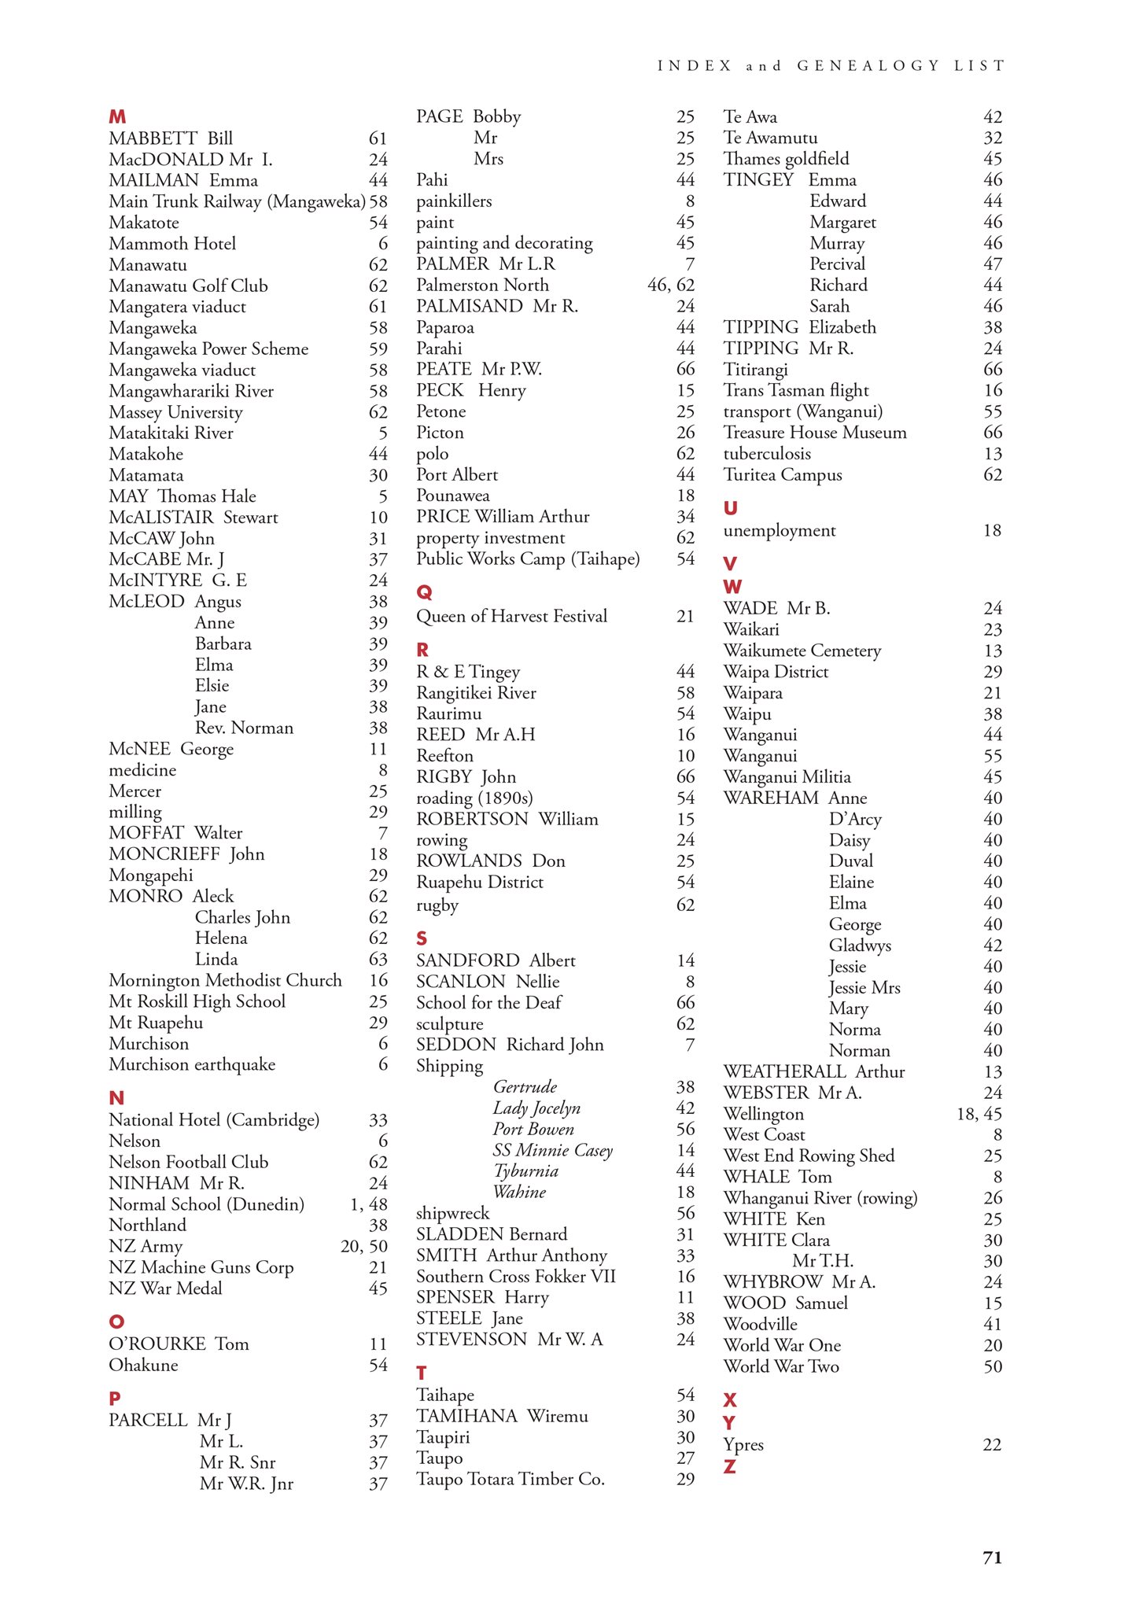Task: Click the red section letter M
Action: click(x=117, y=117)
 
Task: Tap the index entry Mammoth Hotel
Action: click(x=172, y=244)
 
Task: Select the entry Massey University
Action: click(x=175, y=412)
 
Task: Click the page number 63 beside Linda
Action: click(x=378, y=959)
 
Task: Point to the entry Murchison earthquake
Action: click(x=192, y=1064)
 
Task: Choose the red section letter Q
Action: click(x=424, y=592)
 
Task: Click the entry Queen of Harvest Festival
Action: click(x=511, y=616)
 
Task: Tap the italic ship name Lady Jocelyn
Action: click(x=536, y=1108)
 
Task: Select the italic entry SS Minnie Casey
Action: click(x=552, y=1150)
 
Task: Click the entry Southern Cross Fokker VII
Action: click(x=515, y=1276)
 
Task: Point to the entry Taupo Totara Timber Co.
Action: click(x=510, y=1479)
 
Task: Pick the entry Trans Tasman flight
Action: click(x=796, y=390)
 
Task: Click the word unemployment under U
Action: click(x=779, y=530)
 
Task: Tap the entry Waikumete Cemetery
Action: click(x=802, y=651)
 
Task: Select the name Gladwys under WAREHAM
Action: click(x=860, y=946)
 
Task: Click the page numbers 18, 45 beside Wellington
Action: click(x=979, y=1114)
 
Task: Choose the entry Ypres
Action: click(x=743, y=1444)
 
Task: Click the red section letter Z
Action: click(x=729, y=1466)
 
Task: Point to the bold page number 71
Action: click(x=992, y=1558)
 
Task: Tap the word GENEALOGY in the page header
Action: click(x=868, y=66)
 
